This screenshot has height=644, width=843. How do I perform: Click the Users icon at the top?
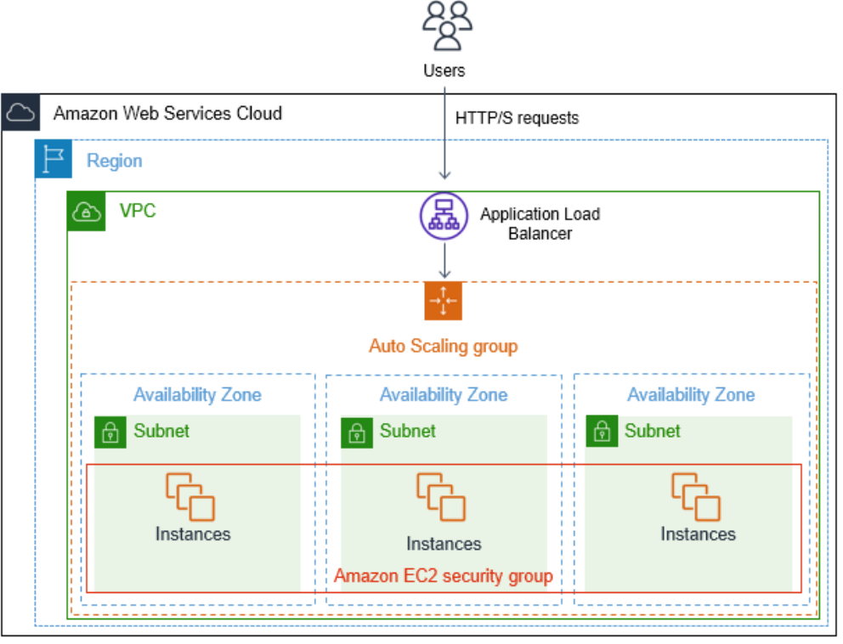(444, 26)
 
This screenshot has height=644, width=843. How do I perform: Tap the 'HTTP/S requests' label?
(517, 118)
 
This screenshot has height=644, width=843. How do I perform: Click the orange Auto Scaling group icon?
(443, 301)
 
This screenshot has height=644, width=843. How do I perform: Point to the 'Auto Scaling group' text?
(443, 347)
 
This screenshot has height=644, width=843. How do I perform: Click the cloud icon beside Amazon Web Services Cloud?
(20, 113)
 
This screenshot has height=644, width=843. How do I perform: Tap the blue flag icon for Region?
(53, 160)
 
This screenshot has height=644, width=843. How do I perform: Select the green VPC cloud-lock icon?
(86, 211)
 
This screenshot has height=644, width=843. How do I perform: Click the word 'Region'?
(114, 161)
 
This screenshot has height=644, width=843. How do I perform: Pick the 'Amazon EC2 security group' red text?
(443, 576)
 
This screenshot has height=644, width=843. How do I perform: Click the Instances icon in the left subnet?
(190, 496)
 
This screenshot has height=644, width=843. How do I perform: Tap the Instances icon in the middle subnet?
(441, 498)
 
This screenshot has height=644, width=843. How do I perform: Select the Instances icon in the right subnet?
(696, 496)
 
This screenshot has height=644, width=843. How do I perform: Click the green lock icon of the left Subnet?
(110, 432)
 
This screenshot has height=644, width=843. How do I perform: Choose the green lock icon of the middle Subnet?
(356, 432)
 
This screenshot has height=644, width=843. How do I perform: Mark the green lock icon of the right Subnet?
(601, 432)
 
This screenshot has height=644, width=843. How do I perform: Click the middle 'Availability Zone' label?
(443, 395)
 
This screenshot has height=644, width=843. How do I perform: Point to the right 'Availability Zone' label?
(690, 395)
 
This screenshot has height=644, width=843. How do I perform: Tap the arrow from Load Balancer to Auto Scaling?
(444, 259)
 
